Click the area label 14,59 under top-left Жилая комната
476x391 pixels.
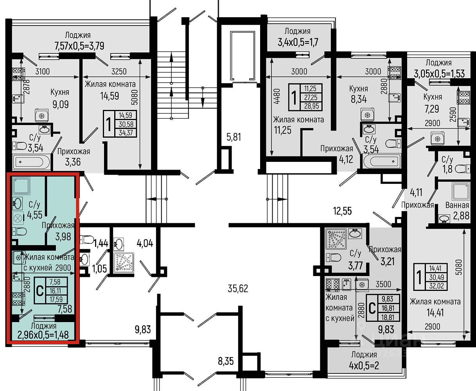point(110,96)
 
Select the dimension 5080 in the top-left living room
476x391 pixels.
point(135,97)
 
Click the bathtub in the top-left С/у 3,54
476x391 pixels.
point(31,162)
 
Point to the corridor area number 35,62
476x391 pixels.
point(238,289)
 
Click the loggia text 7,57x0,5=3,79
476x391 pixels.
point(79,46)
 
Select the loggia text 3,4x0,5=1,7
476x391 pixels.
point(298,42)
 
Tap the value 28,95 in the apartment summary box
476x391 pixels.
point(311,106)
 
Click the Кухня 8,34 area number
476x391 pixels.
point(359,99)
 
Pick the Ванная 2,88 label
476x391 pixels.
point(457,211)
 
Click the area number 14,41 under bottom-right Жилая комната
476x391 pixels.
point(435,313)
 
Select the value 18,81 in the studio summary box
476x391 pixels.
point(388,317)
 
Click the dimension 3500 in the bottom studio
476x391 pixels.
point(383,284)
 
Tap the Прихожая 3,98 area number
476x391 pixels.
point(63,237)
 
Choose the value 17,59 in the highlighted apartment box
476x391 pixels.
point(56,300)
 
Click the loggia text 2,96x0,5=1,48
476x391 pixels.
point(43,335)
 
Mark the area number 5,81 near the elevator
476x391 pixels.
point(234,137)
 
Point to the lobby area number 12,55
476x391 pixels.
point(343,211)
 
